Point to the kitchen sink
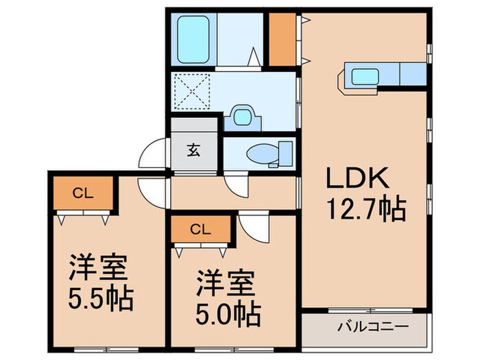(x=360, y=74)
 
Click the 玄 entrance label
(x=195, y=149)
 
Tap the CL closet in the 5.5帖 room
(x=81, y=192)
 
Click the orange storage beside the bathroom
(x=281, y=39)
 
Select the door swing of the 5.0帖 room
(x=251, y=229)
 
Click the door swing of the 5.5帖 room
(x=152, y=193)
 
